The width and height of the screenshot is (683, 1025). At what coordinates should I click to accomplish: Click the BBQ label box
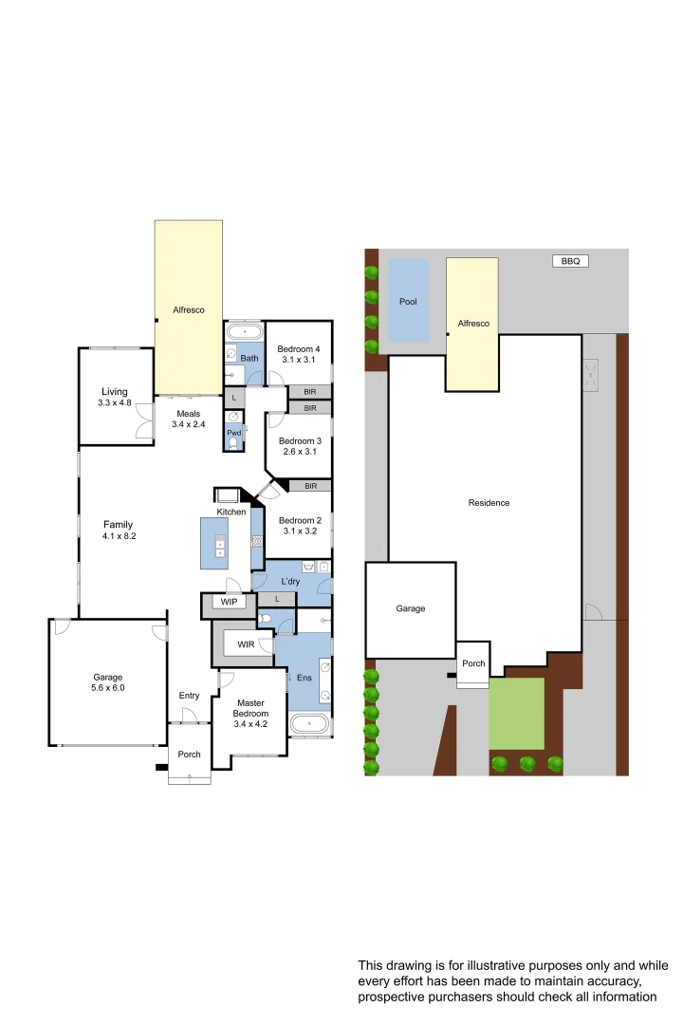(570, 261)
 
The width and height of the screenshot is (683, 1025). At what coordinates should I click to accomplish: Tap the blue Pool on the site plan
(408, 301)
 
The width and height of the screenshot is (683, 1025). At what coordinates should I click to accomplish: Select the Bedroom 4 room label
(299, 349)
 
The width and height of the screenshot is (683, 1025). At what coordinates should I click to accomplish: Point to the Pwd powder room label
(233, 433)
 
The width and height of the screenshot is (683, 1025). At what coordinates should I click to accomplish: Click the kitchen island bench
(213, 543)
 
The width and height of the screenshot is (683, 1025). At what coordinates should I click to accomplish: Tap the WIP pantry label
(229, 602)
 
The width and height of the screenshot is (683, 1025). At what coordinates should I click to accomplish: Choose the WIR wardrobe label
(246, 644)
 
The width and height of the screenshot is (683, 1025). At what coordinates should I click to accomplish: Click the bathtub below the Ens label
(309, 726)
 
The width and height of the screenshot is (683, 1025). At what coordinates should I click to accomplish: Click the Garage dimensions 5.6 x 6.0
(108, 688)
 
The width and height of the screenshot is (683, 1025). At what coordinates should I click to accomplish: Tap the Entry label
(189, 696)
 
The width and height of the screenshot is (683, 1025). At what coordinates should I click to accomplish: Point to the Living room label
(115, 391)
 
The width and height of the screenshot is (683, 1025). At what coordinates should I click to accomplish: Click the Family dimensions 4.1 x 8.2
(119, 536)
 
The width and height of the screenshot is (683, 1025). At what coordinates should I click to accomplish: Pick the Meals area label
(188, 414)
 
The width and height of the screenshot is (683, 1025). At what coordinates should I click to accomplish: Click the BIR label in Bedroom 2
(310, 486)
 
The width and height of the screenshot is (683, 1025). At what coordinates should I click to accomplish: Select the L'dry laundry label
(290, 580)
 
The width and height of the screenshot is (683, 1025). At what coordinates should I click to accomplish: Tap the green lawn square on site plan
(517, 713)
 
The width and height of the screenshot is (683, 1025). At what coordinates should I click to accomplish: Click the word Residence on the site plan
(489, 503)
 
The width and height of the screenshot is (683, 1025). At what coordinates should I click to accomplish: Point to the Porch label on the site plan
(473, 663)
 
